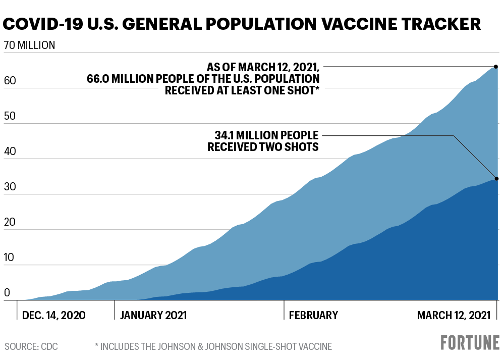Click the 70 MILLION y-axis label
[x=29, y=45]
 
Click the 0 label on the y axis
[x=7, y=293]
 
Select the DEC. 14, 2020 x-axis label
[x=53, y=315]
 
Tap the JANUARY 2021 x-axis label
[x=153, y=315]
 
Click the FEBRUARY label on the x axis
[x=313, y=315]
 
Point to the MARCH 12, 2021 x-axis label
[x=454, y=315]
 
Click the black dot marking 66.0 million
[x=496, y=67]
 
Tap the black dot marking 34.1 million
[x=496, y=179]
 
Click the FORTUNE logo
[x=470, y=343]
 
